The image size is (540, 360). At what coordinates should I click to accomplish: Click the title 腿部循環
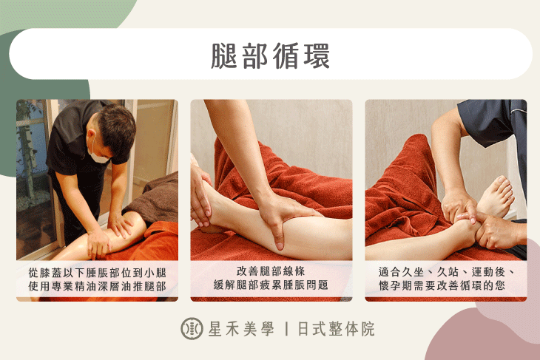pyautogui.click(x=270, y=55)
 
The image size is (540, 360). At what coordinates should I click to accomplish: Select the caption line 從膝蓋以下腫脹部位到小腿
pyautogui.click(x=97, y=273)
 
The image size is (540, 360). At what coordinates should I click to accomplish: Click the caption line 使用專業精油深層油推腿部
pyautogui.click(x=97, y=286)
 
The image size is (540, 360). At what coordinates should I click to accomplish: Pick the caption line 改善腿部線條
pyautogui.click(x=271, y=273)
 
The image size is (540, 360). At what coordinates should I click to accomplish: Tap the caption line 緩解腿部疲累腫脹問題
pyautogui.click(x=271, y=286)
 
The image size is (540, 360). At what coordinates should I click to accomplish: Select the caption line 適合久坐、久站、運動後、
pyautogui.click(x=446, y=273)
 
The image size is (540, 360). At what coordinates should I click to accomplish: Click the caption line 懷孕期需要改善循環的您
pyautogui.click(x=446, y=286)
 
